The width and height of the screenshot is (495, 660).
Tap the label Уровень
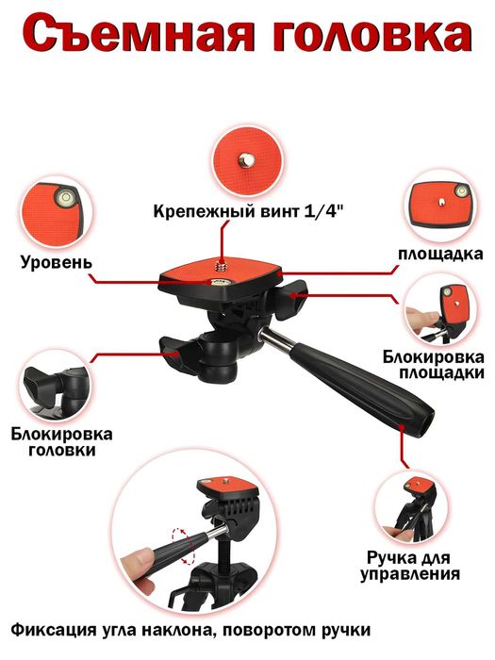[x=55, y=259]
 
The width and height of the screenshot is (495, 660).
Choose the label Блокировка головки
[x=62, y=442]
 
